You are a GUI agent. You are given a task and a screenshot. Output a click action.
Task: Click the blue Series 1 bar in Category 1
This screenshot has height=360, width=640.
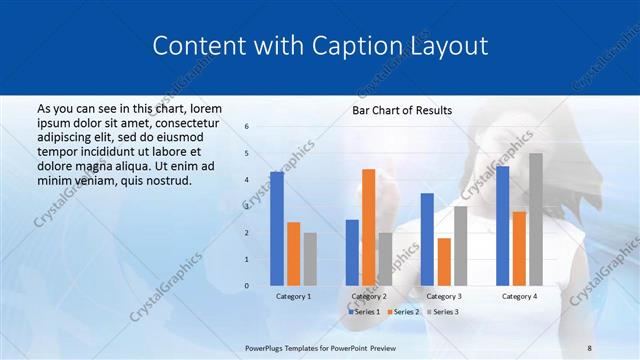(277, 229)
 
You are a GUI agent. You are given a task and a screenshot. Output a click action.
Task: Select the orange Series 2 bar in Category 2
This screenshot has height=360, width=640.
(368, 227)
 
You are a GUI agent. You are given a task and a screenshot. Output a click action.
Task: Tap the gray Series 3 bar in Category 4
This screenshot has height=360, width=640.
(536, 219)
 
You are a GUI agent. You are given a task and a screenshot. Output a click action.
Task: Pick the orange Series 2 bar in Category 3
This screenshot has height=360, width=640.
(444, 261)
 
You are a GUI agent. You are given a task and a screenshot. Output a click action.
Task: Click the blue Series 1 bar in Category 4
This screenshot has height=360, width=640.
(502, 226)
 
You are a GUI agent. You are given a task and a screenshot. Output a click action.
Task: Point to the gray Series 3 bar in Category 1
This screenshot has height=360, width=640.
(310, 259)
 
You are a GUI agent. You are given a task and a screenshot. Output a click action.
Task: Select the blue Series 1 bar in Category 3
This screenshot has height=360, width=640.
(427, 239)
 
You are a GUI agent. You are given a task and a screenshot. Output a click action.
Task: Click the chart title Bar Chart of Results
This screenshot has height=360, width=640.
(402, 110)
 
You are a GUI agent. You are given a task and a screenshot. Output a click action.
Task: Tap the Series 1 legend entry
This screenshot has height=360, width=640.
(363, 312)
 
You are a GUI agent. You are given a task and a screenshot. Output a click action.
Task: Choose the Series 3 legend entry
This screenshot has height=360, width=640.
(445, 312)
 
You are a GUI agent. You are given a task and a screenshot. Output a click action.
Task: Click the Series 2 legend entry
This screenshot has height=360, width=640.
(404, 312)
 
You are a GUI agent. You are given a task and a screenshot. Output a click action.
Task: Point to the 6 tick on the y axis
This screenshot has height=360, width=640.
(248, 127)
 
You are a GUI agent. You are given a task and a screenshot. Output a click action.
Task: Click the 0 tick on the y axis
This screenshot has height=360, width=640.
(248, 286)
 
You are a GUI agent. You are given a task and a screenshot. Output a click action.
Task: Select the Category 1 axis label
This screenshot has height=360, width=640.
(293, 297)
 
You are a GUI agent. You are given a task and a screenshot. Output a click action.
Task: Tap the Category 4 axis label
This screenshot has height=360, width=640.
(519, 297)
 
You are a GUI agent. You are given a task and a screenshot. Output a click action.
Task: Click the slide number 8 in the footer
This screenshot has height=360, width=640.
(589, 348)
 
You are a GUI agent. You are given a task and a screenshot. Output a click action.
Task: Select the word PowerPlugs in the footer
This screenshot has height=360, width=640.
(268, 348)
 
